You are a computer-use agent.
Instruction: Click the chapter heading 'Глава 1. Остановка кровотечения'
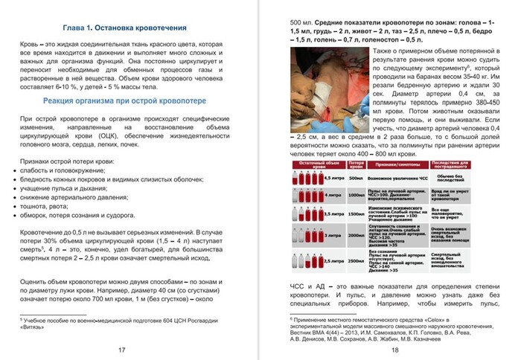tap(124, 28)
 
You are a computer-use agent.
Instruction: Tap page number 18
tap(394, 350)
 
